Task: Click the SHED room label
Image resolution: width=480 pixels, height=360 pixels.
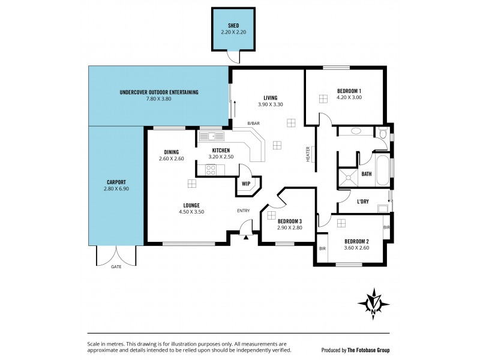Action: point(233,26)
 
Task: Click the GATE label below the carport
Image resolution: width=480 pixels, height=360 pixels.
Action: point(116,266)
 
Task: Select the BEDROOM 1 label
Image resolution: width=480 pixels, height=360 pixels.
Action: point(349,91)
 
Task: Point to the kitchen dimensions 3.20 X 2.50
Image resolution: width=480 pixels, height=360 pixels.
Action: point(221,157)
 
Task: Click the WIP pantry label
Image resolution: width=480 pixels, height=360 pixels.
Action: point(246,184)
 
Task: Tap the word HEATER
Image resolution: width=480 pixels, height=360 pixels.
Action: point(308,154)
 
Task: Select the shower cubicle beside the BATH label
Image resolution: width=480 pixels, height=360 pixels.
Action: point(347,175)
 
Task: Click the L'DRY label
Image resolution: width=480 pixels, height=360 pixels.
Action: point(362,202)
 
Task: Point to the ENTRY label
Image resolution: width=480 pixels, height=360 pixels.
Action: point(243,210)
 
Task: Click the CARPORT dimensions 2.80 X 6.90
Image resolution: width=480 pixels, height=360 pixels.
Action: point(116,188)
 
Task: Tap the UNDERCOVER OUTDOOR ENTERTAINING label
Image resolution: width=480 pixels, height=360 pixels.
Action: point(159,92)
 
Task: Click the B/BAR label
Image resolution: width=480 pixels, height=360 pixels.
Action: point(254,123)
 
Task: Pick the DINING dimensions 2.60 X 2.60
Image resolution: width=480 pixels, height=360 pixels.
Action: point(171,158)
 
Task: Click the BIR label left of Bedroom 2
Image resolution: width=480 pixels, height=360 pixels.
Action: point(322,248)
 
